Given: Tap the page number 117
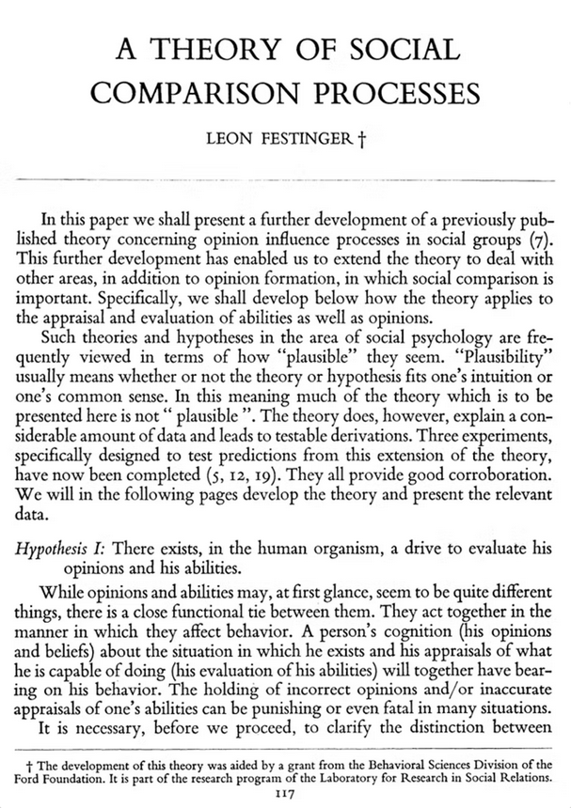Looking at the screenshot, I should pyautogui.click(x=285, y=795).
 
